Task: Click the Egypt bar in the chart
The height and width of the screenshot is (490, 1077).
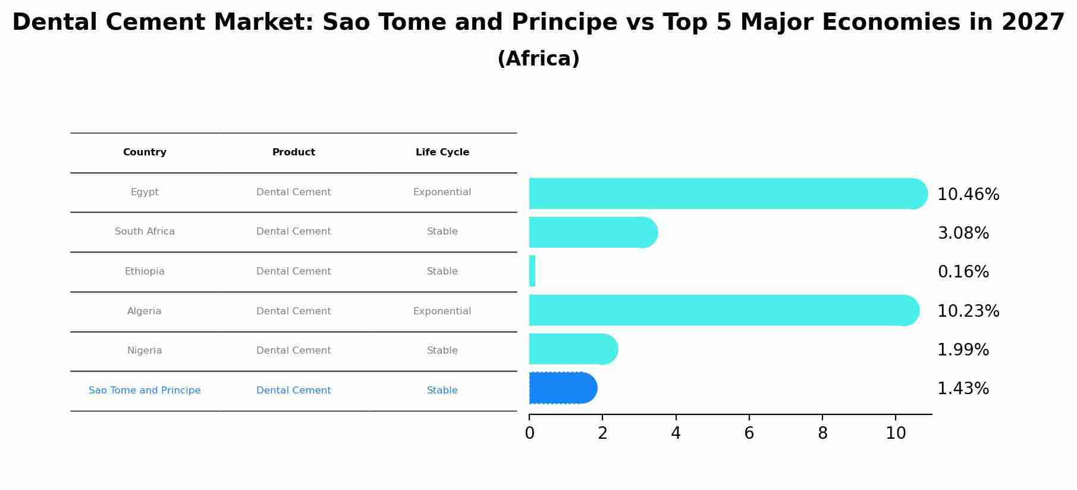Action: (728, 193)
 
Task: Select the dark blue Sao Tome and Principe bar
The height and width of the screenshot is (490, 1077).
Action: (563, 388)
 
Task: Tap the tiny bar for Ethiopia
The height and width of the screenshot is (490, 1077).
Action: (532, 271)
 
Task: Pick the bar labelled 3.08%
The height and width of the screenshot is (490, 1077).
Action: (593, 232)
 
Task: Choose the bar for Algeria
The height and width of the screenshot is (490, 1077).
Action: (724, 310)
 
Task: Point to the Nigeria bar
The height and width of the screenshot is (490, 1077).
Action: (573, 349)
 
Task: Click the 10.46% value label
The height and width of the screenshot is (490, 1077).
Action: (968, 195)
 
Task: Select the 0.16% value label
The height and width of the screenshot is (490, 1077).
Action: (963, 272)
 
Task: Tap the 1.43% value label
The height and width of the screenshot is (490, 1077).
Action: (963, 389)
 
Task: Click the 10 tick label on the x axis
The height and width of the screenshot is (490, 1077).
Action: (896, 433)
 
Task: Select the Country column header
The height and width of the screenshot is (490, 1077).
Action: (145, 152)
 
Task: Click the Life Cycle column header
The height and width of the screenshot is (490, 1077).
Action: (442, 152)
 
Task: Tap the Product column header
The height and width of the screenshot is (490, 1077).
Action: (294, 152)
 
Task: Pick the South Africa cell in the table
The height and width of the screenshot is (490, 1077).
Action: (145, 232)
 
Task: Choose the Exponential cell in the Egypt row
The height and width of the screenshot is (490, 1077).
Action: (442, 192)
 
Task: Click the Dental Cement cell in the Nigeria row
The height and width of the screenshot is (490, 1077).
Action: (294, 351)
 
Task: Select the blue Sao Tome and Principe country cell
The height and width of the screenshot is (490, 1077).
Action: (145, 391)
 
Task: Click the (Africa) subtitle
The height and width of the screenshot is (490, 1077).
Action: (538, 59)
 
